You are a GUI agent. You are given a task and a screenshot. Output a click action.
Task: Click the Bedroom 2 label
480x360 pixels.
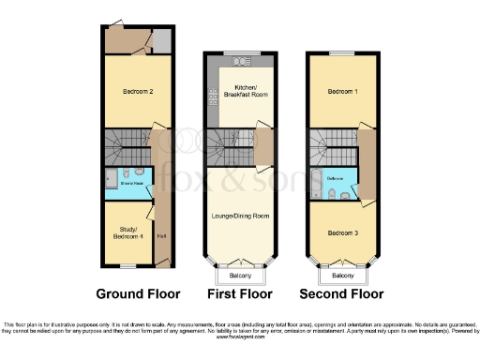(x=138, y=91)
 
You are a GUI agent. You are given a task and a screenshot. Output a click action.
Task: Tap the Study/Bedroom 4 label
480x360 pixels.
(x=130, y=233)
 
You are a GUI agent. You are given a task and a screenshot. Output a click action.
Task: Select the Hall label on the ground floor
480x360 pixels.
(x=162, y=235)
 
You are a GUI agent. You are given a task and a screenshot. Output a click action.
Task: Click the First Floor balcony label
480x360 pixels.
(x=240, y=276)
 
